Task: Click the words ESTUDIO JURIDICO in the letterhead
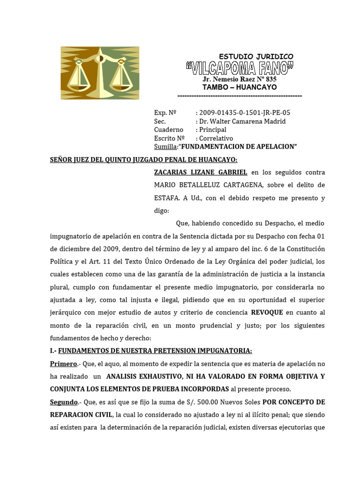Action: click(x=256, y=56)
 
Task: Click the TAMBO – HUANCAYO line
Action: click(x=240, y=88)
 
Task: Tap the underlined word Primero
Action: click(x=63, y=364)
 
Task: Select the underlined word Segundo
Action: click(x=64, y=402)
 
